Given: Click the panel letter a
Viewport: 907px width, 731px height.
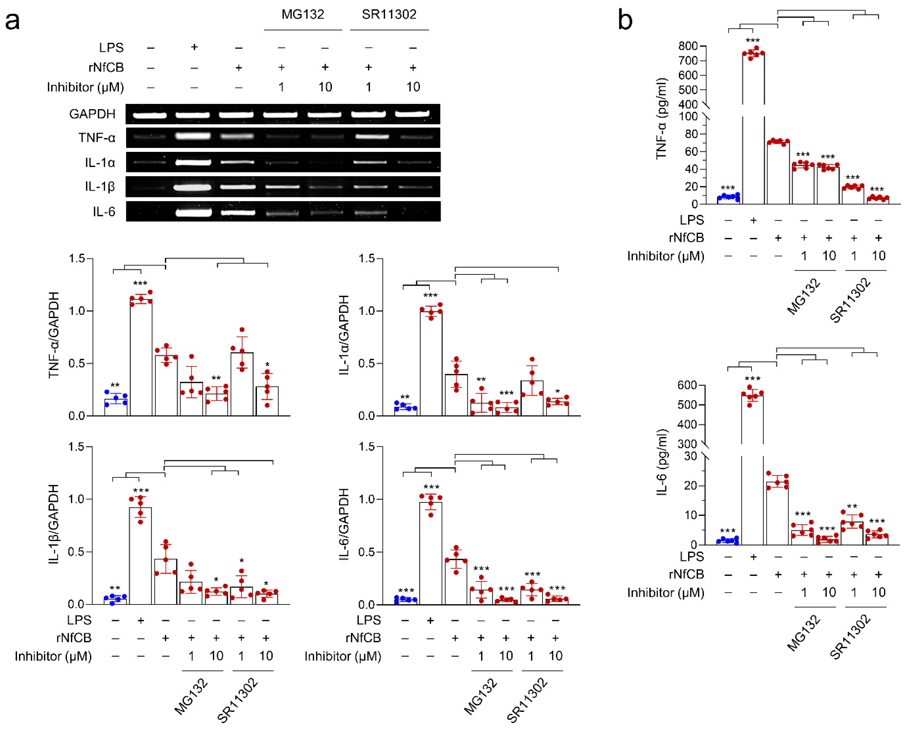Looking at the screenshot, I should point(13,21).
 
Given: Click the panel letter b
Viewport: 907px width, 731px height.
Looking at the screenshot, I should point(625,20).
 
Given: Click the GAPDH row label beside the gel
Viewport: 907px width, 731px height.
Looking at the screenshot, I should point(92,114).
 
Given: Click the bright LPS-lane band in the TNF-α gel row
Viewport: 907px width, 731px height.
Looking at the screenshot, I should point(194,136).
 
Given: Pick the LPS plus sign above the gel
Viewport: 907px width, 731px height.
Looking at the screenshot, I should point(194,47).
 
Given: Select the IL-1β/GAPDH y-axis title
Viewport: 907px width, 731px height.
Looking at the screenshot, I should point(54,524).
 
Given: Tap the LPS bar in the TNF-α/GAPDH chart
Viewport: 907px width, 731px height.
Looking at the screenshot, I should point(141,358).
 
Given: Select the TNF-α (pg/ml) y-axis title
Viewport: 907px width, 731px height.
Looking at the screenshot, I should point(662,119).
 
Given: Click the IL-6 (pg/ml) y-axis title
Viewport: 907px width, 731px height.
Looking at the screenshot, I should point(662,462).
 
